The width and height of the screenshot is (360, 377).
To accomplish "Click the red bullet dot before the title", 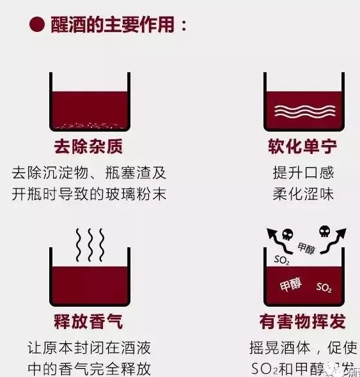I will (x=36, y=25).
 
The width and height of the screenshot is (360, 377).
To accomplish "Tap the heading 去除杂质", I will (x=88, y=147).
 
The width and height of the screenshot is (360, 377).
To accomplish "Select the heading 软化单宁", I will (x=302, y=147).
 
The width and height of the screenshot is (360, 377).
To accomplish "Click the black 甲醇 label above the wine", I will (x=306, y=249).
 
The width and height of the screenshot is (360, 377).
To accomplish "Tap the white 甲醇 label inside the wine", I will (x=290, y=285).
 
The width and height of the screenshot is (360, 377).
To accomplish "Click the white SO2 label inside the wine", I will (x=324, y=288).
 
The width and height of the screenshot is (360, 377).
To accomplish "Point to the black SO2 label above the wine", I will (x=282, y=260).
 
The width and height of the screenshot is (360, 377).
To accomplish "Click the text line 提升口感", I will (x=302, y=173).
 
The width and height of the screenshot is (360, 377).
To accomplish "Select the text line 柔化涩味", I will (x=302, y=194).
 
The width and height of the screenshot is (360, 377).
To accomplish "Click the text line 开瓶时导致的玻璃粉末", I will (x=89, y=194).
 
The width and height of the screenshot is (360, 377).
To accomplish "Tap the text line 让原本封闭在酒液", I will (x=89, y=348).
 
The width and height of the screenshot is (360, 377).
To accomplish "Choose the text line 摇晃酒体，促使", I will (x=302, y=348).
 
